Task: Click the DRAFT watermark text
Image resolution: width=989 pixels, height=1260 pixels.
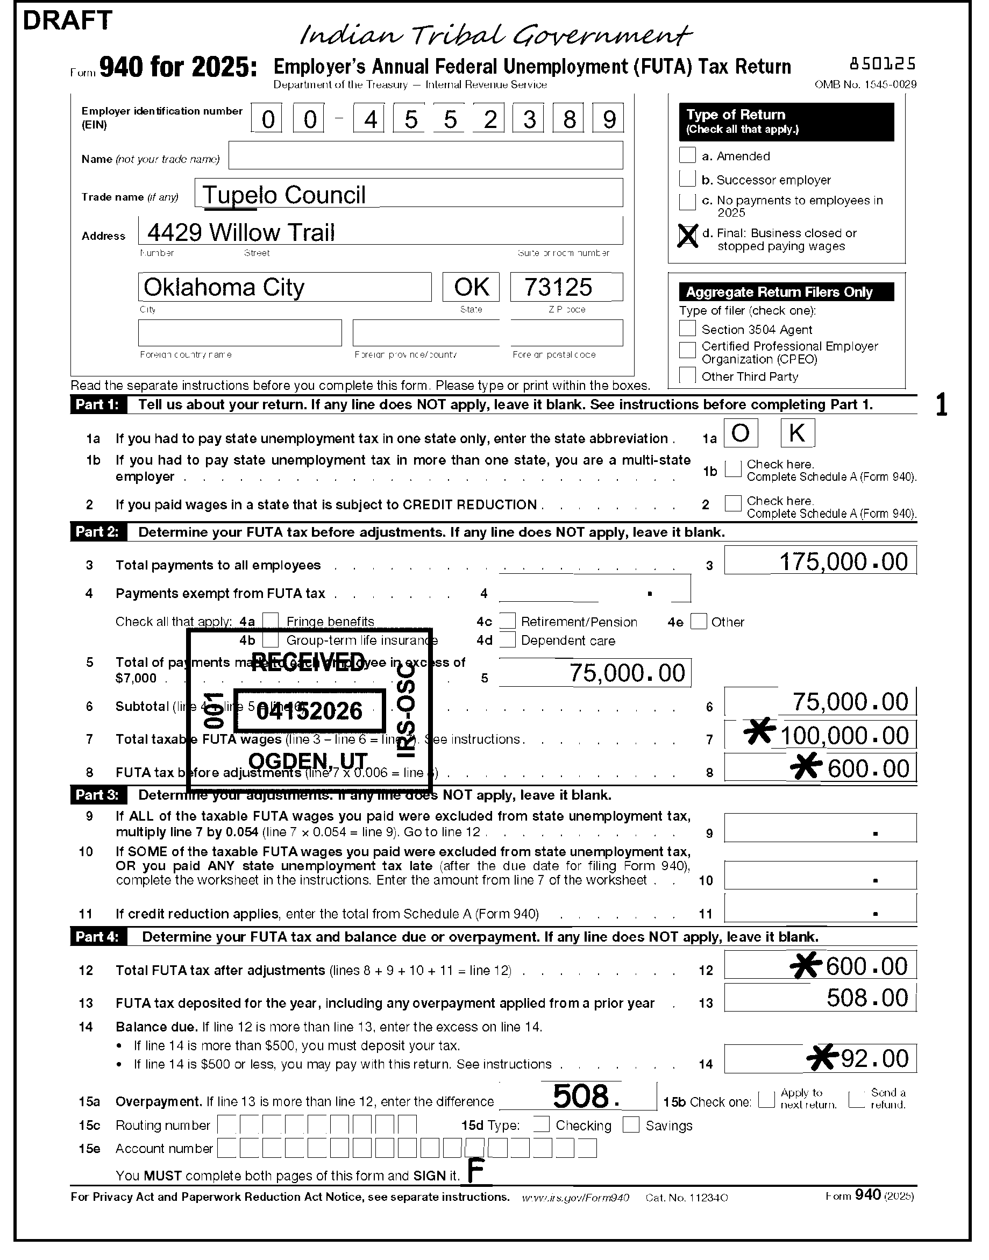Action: (67, 21)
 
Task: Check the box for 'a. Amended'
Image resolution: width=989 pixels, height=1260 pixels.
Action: (687, 155)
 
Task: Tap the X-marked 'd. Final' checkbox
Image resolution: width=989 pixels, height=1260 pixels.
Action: (687, 236)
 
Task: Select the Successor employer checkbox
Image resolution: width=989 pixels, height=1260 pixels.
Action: (687, 179)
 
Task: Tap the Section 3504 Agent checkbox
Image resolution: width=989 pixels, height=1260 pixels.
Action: (687, 329)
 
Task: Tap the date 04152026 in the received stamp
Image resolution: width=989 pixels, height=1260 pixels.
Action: (309, 710)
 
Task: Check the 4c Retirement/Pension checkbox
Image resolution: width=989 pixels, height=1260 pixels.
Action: (508, 621)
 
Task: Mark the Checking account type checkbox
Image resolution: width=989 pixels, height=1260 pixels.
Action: (542, 1124)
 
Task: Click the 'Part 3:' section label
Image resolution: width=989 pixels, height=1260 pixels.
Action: (97, 794)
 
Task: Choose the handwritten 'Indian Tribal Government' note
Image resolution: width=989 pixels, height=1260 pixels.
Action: (495, 36)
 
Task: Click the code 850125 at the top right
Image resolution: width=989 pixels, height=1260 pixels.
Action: (883, 63)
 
